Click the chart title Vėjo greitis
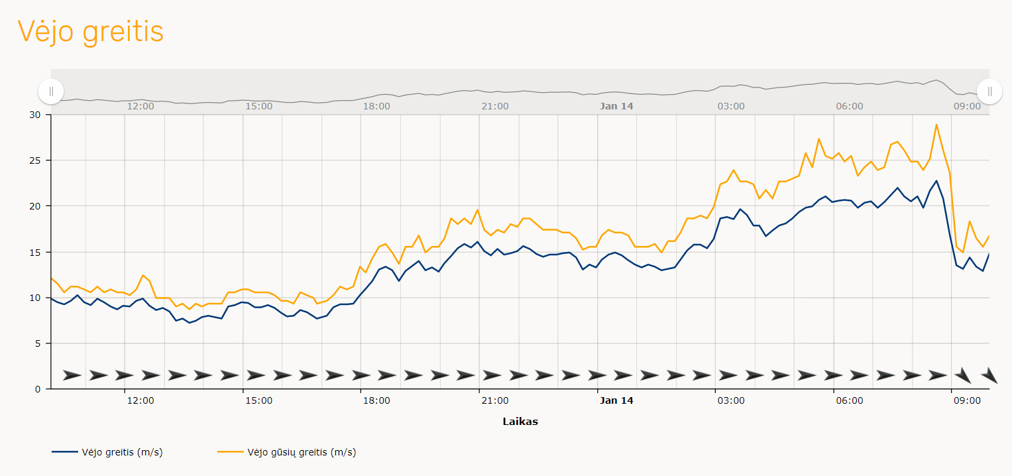pos(90,31)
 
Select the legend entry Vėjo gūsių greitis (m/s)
pos(302,453)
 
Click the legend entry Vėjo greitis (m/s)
pos(122,453)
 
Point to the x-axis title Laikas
pos(520,422)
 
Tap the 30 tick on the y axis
pos(34,115)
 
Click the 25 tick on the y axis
pos(34,160)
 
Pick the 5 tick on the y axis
pos(37,343)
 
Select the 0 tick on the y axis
pos(37,389)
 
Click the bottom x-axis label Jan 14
pos(616,401)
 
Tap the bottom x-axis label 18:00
pos(376,401)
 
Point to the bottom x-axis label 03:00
pos(731,401)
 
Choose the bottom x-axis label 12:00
pos(141,401)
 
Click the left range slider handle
pos(51,91)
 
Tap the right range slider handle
pos(989,91)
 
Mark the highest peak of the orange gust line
pos(936,125)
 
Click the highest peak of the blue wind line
pos(936,181)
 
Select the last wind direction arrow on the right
pos(989,375)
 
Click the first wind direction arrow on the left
pos(72,375)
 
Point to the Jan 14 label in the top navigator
pos(616,106)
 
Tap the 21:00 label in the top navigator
pos(495,106)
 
